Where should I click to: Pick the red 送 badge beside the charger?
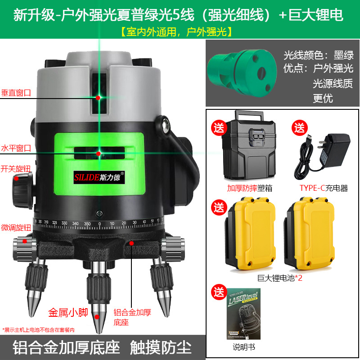(299, 127)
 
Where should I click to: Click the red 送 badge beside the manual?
(219, 291)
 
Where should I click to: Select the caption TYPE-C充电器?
(324, 188)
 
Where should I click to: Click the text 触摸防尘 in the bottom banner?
(161, 348)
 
